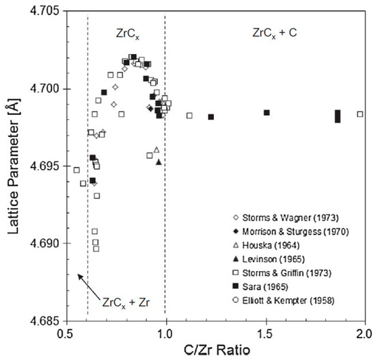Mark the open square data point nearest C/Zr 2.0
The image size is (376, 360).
(360, 114)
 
